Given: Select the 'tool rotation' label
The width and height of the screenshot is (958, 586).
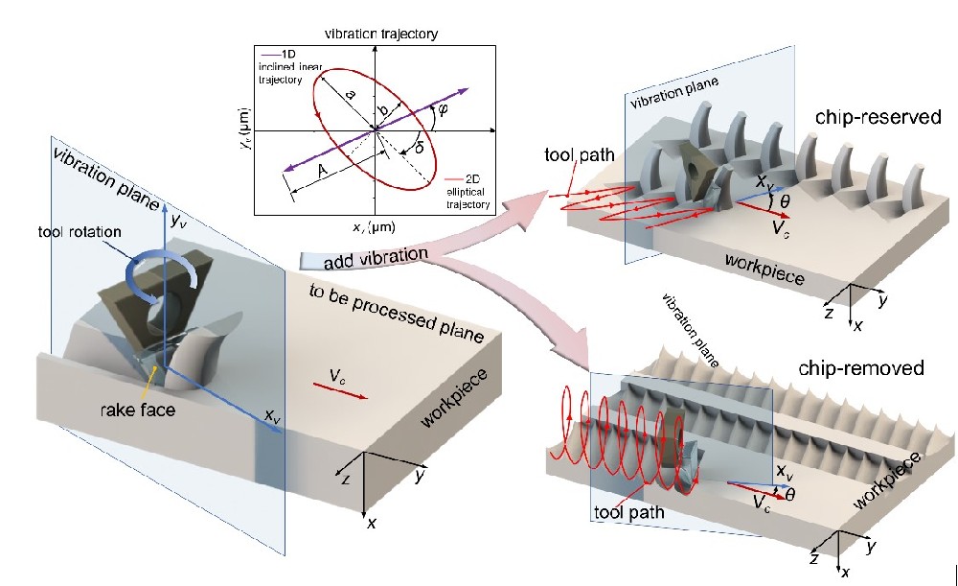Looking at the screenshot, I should coord(81,231).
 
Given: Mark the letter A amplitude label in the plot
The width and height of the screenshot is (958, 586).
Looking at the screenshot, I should coord(322,170).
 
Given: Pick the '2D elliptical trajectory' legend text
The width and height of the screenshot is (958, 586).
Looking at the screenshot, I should coord(468,192).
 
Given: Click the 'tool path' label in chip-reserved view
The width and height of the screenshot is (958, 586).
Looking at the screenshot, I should coord(574,154).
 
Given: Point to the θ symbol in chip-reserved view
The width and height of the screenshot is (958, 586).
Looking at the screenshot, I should coord(785,203).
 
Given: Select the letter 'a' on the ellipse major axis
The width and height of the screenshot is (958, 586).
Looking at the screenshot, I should coord(350,95).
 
